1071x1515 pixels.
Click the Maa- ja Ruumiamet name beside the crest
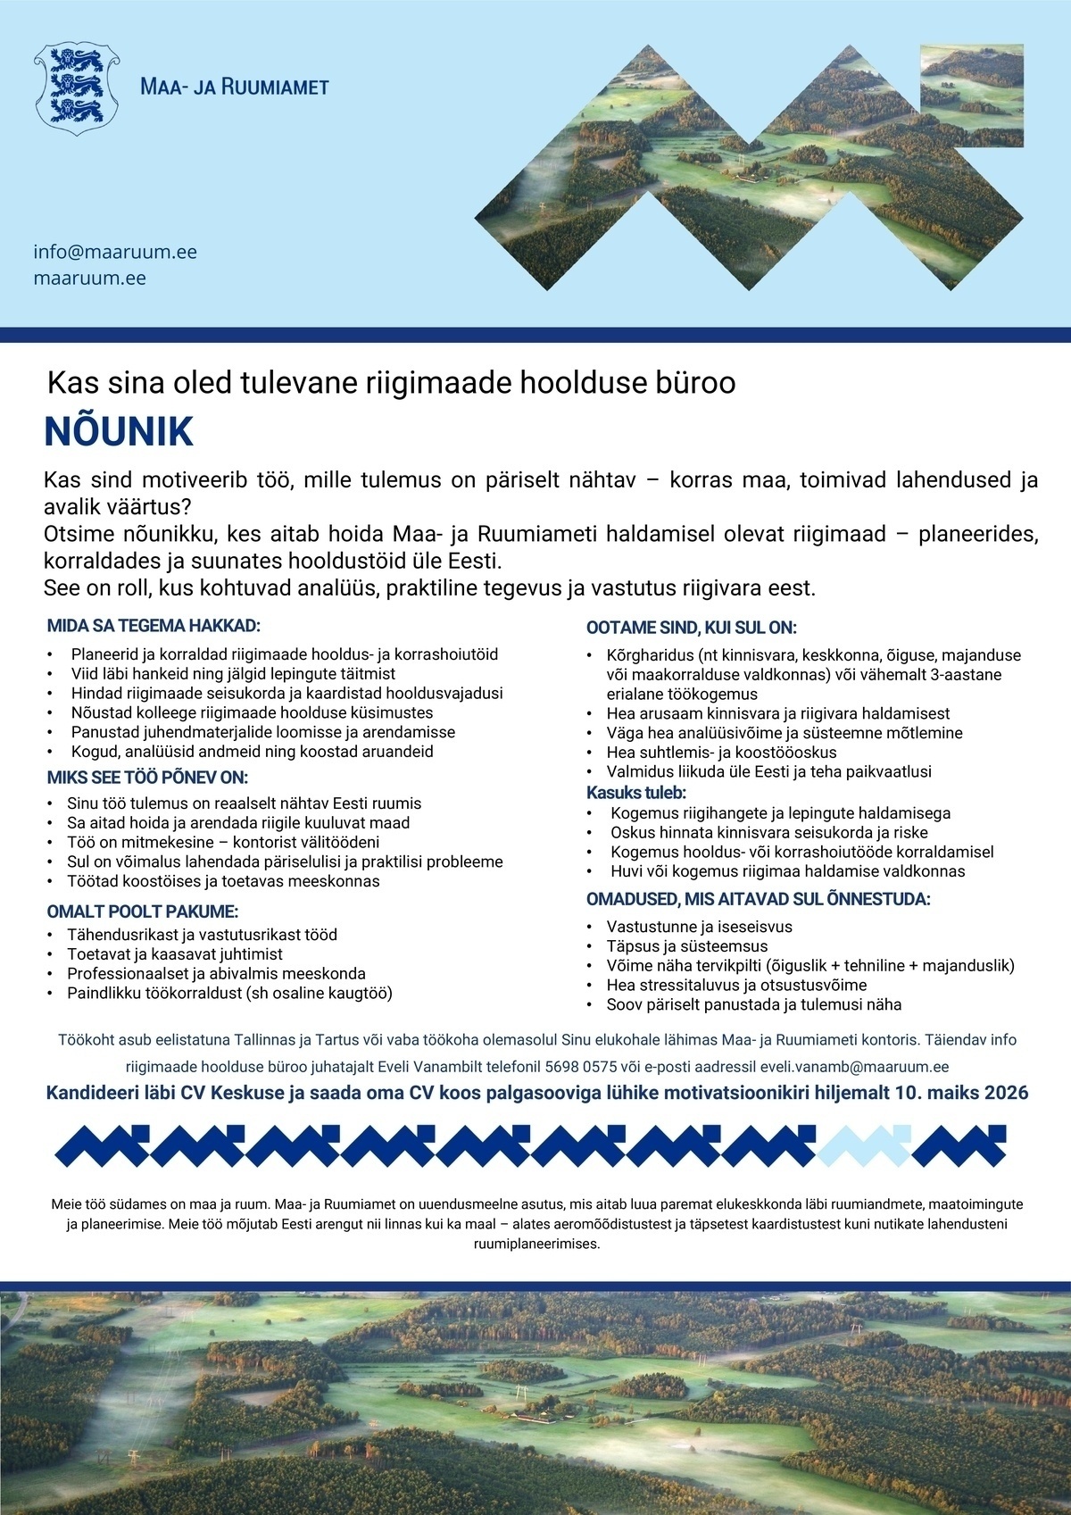235,87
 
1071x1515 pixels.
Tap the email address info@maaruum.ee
115,252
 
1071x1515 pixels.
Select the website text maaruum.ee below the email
89,278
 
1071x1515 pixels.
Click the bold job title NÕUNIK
119,432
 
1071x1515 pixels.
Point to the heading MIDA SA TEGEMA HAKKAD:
154,626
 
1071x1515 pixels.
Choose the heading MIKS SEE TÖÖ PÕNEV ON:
147,778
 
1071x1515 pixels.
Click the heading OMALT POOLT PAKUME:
142,911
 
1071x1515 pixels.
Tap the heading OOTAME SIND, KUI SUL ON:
691,628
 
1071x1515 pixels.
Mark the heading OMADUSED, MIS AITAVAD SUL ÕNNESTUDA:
758,899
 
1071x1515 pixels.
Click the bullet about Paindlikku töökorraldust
229,993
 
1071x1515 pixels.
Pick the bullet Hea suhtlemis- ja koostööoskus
721,753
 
